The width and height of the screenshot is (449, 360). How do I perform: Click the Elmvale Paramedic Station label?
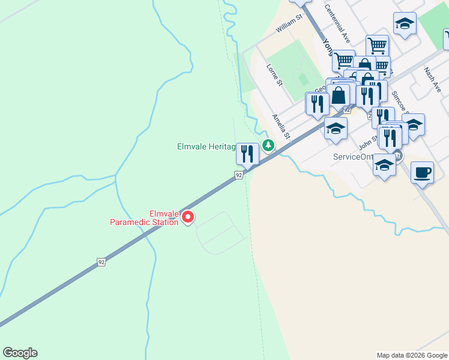[144, 218]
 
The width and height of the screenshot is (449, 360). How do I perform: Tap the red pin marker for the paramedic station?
[188, 217]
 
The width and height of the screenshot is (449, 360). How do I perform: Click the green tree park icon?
[268, 145]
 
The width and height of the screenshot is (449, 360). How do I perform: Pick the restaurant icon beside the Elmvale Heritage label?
[247, 155]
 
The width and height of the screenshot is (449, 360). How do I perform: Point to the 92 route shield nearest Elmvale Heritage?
[238, 175]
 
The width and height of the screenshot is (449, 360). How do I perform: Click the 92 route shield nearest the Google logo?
[101, 262]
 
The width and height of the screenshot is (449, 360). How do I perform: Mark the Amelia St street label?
[280, 126]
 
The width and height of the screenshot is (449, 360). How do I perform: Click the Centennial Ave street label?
[337, 25]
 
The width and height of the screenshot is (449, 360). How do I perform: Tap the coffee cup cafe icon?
[422, 173]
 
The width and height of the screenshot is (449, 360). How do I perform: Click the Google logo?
[20, 353]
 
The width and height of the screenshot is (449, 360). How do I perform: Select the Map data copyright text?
[412, 355]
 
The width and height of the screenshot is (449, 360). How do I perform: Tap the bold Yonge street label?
[328, 47]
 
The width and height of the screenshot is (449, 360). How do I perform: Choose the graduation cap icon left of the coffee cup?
[384, 166]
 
